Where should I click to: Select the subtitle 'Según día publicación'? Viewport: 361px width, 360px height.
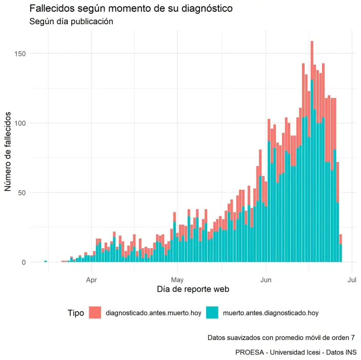pos(71,22)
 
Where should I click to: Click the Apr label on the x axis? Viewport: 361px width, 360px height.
pos(91,280)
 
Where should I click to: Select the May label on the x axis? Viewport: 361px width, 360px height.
pos(177,280)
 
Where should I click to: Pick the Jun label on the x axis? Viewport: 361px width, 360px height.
pos(266,280)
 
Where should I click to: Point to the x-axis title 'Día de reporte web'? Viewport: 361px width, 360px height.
pos(192,290)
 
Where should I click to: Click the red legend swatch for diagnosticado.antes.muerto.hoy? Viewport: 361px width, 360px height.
pos(95,312)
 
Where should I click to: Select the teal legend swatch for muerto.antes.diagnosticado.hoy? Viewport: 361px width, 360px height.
pos(212,312)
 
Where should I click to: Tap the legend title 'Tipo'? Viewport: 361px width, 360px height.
pos(75,312)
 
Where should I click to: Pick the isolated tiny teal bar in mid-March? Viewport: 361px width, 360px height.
pos(46,262)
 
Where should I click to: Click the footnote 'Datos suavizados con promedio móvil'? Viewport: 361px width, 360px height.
pos(281,338)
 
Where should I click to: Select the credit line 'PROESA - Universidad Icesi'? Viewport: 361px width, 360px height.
pos(296,352)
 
